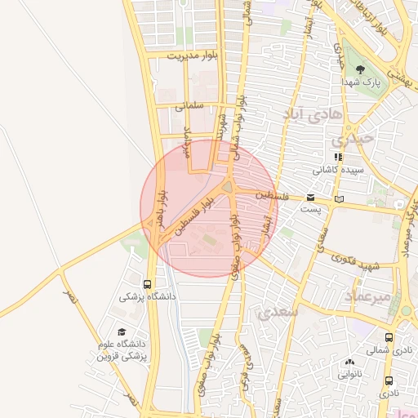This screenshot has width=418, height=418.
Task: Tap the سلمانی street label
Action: click(188, 105)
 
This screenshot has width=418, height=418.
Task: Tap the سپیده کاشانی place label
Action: click(337, 171)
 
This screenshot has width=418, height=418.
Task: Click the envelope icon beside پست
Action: click(310, 198)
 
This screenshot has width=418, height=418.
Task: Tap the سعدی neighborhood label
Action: click(277, 312)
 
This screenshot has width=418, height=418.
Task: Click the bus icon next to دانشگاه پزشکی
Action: click(147, 285)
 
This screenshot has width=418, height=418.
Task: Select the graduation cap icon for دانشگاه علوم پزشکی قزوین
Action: click(122, 332)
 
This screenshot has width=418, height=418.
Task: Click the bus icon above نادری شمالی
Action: click(389, 336)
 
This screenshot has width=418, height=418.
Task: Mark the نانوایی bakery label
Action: click(350, 376)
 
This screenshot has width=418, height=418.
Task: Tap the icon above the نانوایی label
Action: click(350, 362)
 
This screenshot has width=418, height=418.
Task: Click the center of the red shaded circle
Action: click(209, 208)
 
